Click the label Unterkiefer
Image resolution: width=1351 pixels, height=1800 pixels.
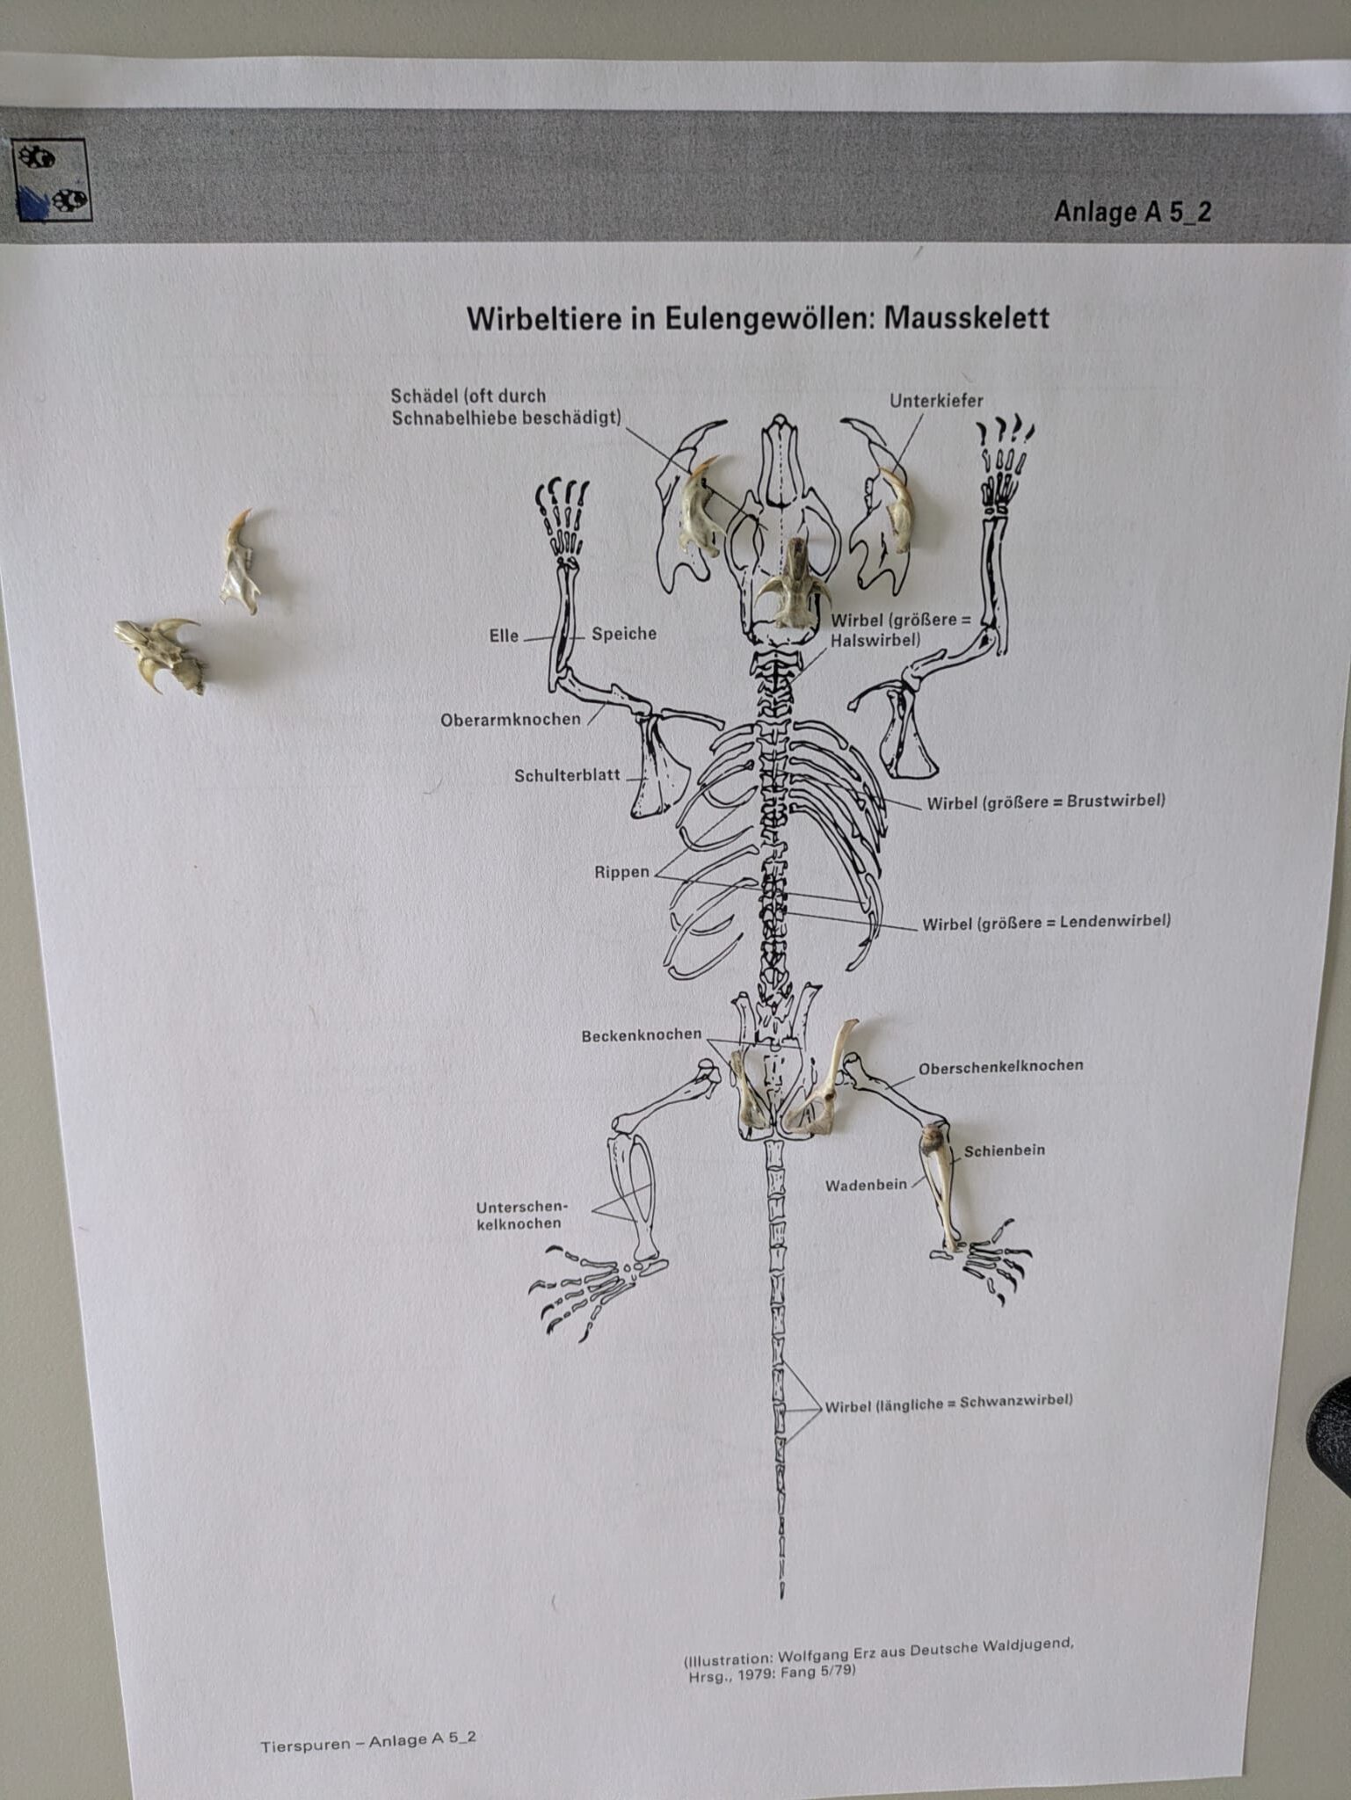pos(936,401)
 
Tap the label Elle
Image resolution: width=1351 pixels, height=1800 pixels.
pos(504,635)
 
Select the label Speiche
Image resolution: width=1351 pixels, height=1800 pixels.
pos(624,634)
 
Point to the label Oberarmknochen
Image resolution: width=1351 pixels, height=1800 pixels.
pos(511,719)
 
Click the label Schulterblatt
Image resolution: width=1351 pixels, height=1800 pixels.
pos(567,775)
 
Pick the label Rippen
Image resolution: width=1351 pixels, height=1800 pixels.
pos(621,872)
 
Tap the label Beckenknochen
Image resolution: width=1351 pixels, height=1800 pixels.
pos(642,1035)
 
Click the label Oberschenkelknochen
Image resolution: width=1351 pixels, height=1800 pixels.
pos(1001,1067)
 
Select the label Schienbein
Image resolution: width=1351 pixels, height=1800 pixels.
pos(1005,1150)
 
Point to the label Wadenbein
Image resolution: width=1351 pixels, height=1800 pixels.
pos(866,1186)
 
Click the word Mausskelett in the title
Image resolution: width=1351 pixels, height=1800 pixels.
pos(966,316)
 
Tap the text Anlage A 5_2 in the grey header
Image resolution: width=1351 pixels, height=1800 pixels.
pos(1132,212)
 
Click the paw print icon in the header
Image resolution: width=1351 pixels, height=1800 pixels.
pos(51,180)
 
